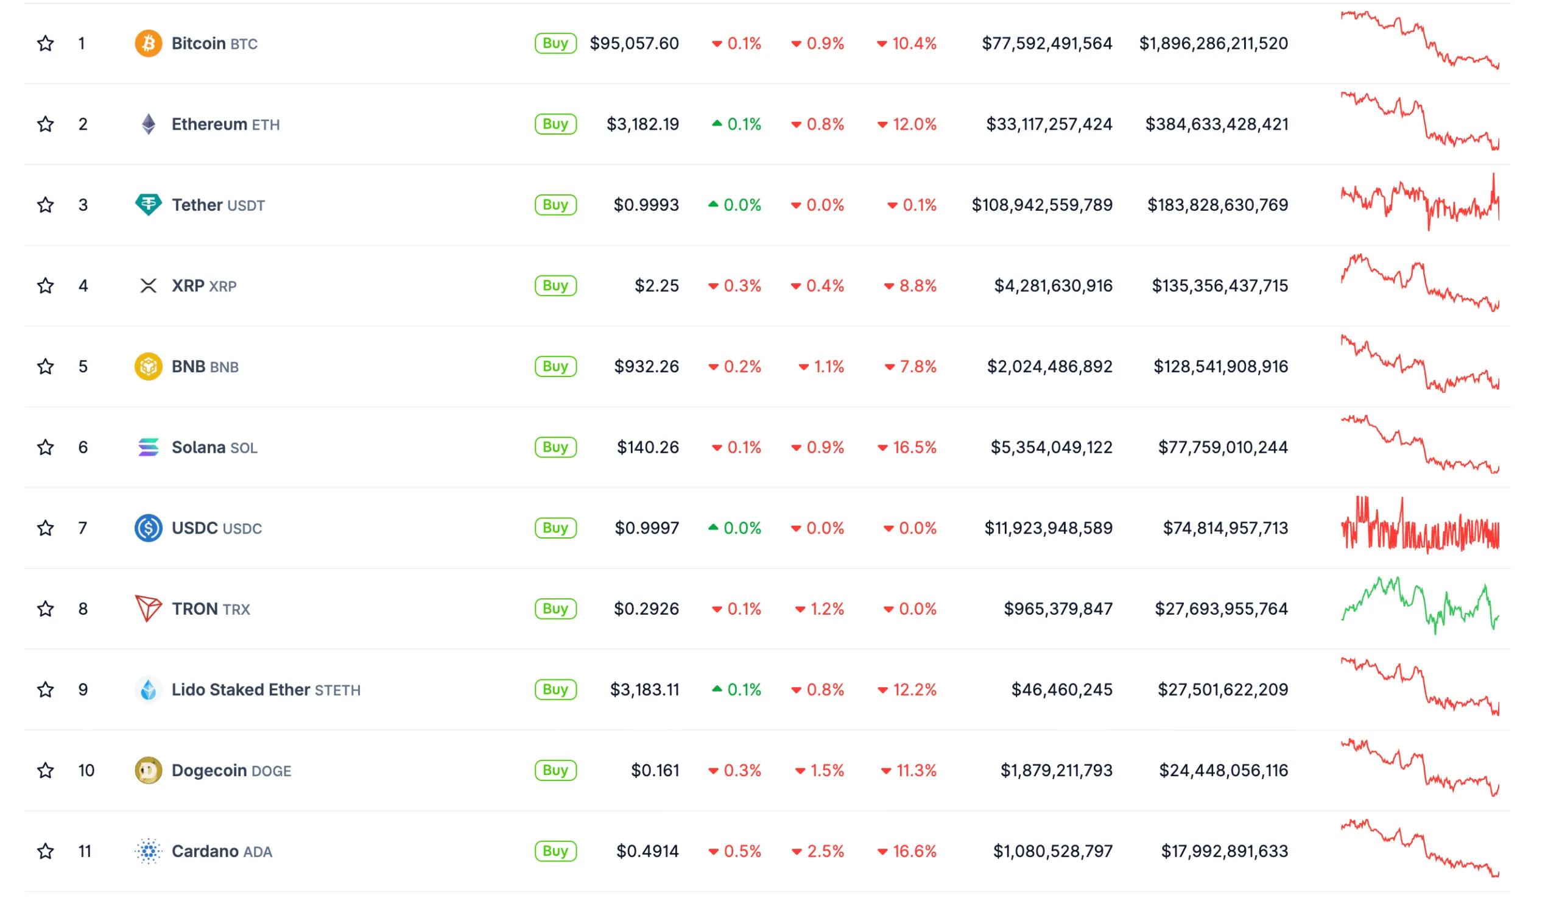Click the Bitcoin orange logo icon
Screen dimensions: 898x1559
pos(148,43)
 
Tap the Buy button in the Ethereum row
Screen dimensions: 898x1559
pos(555,124)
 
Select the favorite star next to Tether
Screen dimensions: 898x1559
pos(45,205)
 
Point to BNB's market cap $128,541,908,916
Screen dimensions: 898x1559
pos(1220,366)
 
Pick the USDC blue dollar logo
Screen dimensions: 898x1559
pos(148,528)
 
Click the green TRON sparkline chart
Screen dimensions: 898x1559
pos(1419,606)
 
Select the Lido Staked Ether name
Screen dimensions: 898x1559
pos(241,690)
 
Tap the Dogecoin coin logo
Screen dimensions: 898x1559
pos(148,770)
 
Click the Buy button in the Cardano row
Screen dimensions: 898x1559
pos(555,851)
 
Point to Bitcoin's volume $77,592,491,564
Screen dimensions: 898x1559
pos(1047,43)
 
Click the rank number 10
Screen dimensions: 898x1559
pos(86,770)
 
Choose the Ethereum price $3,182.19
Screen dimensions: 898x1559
pos(642,124)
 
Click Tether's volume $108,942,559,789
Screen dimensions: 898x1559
pos(1042,205)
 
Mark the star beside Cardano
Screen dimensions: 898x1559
pos(45,851)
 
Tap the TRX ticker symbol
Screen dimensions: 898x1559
pos(236,609)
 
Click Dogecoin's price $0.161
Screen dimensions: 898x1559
pos(655,770)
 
